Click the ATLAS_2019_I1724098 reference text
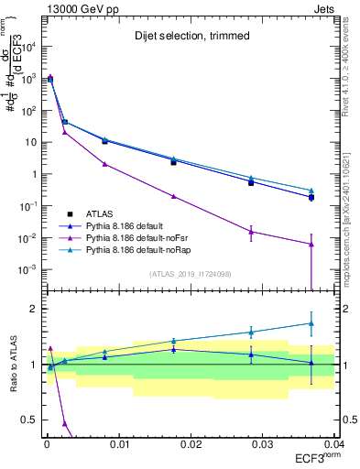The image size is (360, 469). coord(189,273)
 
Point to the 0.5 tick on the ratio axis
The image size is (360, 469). coord(33,420)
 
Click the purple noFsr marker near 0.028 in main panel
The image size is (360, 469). coord(251,232)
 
